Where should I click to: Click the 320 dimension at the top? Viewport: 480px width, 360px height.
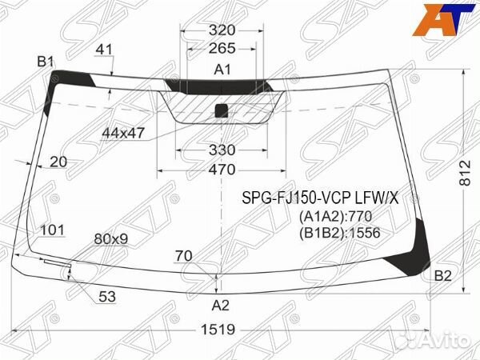click(222, 30)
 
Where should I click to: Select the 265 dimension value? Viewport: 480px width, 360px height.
click(222, 48)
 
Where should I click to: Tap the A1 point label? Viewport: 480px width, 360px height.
click(222, 70)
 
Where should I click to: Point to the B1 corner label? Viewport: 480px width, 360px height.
click(46, 62)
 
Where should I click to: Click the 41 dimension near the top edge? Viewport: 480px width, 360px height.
click(104, 50)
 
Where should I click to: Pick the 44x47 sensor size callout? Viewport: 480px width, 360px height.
click(123, 133)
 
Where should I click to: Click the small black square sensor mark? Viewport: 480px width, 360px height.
click(222, 111)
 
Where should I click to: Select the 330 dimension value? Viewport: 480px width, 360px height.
click(222, 150)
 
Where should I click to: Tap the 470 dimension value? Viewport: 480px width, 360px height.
click(222, 170)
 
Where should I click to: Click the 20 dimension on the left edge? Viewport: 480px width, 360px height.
click(58, 162)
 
